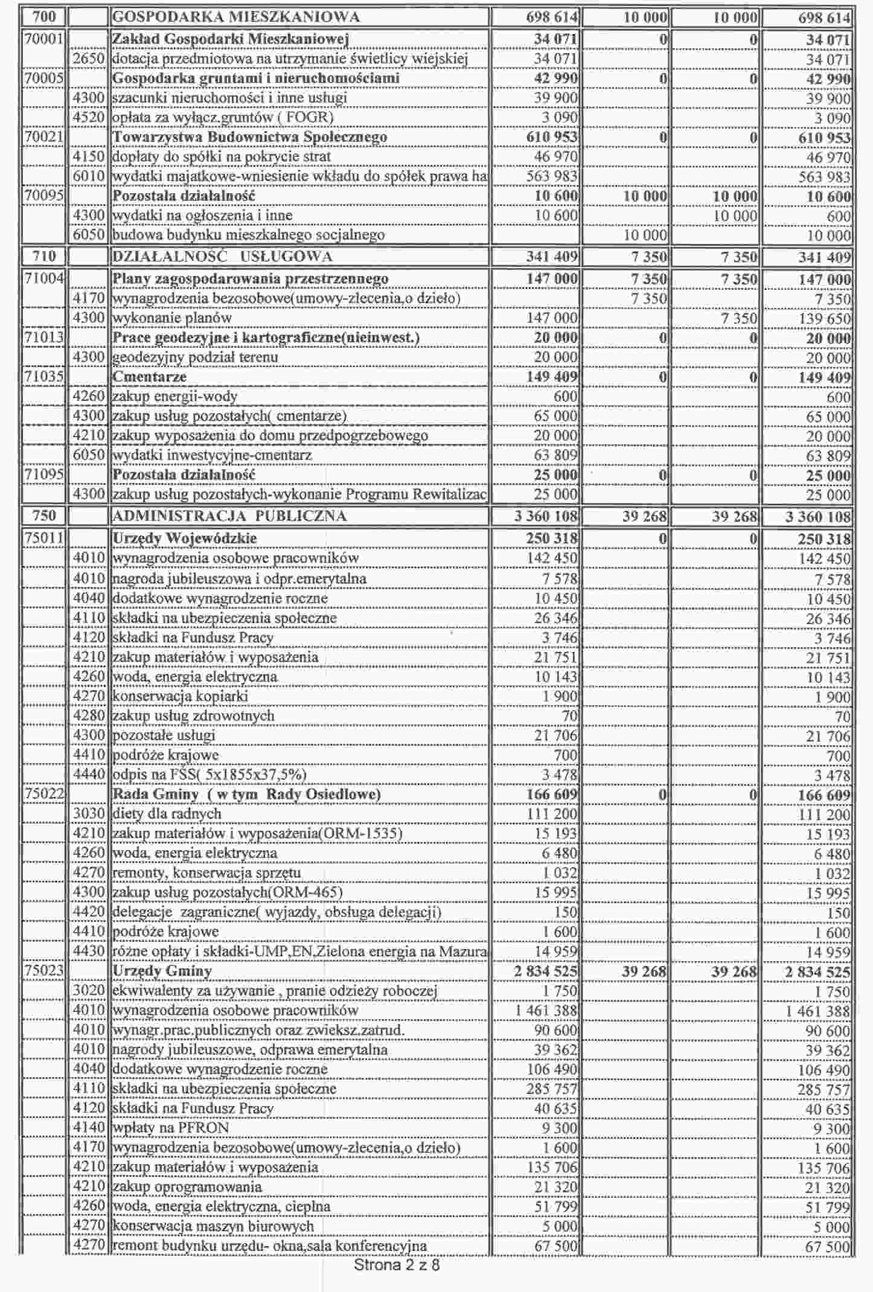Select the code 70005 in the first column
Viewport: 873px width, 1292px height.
[x=43, y=78]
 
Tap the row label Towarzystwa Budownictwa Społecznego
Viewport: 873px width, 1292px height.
[x=250, y=137]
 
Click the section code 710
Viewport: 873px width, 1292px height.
[x=43, y=257]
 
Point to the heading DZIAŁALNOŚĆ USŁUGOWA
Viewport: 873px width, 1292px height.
[x=222, y=257]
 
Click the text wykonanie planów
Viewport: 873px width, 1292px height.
[x=172, y=318]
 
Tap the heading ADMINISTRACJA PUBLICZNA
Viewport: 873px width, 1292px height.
[x=229, y=516]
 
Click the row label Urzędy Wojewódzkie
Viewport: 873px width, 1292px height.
[x=185, y=539]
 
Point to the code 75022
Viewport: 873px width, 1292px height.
[x=43, y=795]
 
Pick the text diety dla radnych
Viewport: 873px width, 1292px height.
[x=167, y=814]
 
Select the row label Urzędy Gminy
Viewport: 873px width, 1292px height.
[x=162, y=971]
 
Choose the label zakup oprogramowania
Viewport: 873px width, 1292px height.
[x=188, y=1187]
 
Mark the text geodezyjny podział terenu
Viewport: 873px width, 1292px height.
[x=196, y=357]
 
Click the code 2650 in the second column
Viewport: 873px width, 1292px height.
[x=89, y=59]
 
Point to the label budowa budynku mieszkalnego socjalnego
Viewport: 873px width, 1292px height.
[x=249, y=235]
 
